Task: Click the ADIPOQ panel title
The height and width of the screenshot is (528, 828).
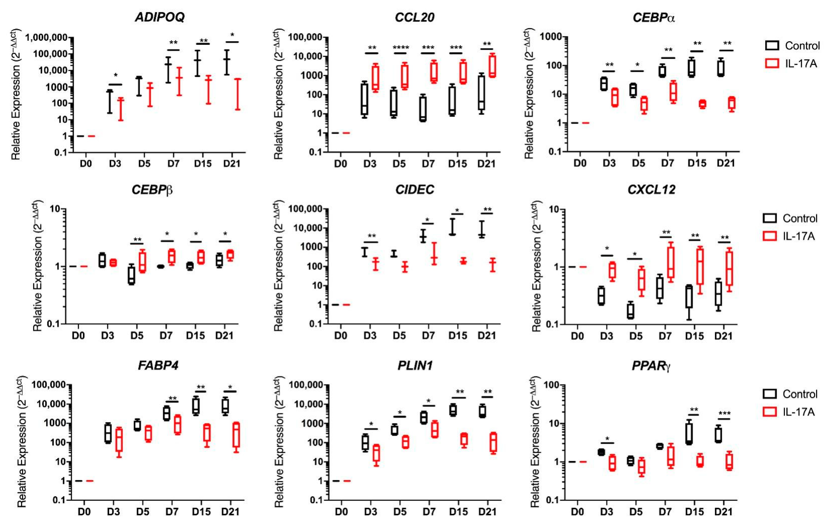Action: [x=160, y=17]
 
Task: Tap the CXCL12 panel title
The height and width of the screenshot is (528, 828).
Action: [x=651, y=189]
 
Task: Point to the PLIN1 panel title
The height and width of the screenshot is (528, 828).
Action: [x=415, y=365]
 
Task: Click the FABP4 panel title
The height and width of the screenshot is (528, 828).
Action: [x=158, y=365]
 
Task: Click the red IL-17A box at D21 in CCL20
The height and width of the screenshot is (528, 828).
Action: [x=492, y=65]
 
